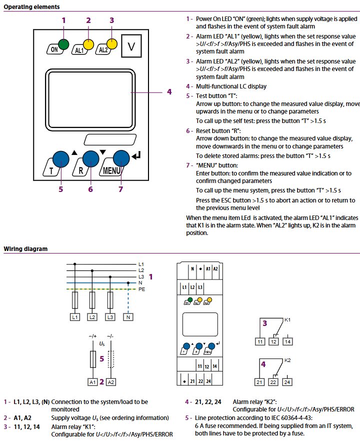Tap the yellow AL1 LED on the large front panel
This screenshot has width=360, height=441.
pyautogui.click(x=88, y=44)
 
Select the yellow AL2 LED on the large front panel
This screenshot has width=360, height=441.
pyautogui.click(x=112, y=44)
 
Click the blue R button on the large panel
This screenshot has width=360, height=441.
pyautogui.click(x=90, y=159)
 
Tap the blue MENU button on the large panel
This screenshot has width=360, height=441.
pyautogui.click(x=121, y=159)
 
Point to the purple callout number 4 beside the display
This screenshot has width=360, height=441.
pyautogui.click(x=169, y=92)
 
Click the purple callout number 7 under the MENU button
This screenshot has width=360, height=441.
pyautogui.click(x=120, y=189)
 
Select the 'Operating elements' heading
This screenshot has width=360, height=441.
pyautogui.click(x=32, y=7)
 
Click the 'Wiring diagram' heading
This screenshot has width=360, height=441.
pyautogui.click(x=26, y=248)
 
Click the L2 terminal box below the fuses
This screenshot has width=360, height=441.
pyautogui.click(x=92, y=317)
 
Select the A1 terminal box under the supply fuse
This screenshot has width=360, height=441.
pyautogui.click(x=92, y=382)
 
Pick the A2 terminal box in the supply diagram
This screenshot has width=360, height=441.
pyautogui.click(x=111, y=382)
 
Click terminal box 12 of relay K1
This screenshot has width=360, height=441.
pyautogui.click(x=273, y=341)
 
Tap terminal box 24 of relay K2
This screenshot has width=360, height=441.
pyautogui.click(x=287, y=382)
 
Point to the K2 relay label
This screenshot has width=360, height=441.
pyautogui.click(x=287, y=360)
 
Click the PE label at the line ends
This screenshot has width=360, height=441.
pyautogui.click(x=141, y=289)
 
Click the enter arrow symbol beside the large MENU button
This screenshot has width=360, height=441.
pyautogui.click(x=137, y=158)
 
